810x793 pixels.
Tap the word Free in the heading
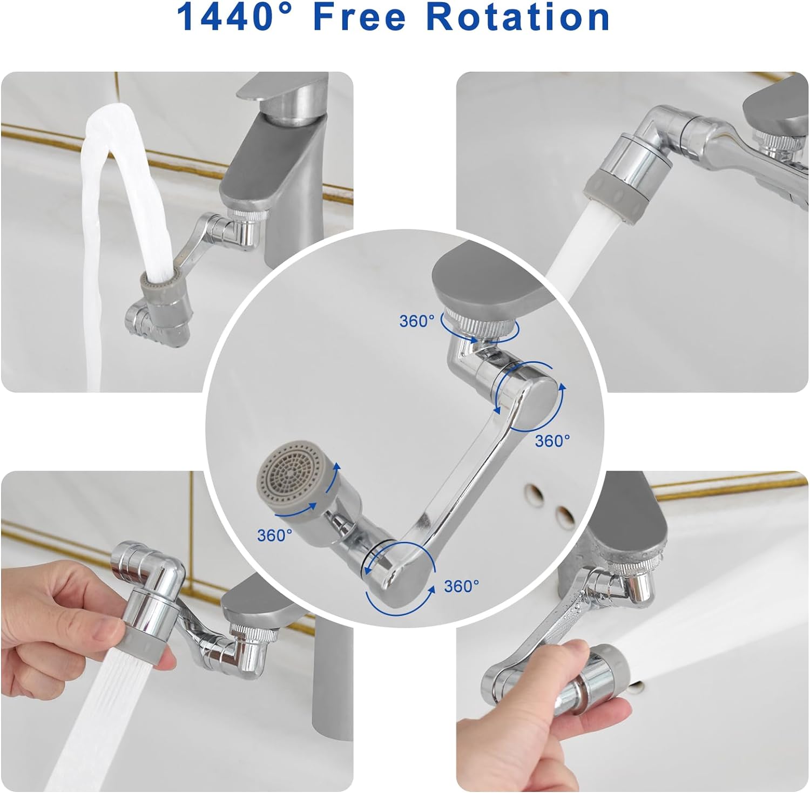360,17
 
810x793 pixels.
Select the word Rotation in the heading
518,17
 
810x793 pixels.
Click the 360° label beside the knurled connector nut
417,321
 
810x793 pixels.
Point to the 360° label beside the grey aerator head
275,535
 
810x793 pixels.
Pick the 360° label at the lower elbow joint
462,586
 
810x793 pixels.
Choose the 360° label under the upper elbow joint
552,440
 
